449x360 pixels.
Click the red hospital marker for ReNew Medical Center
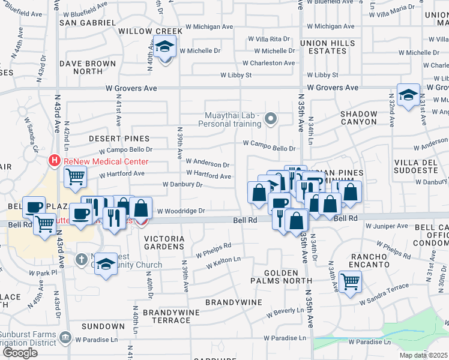(x=55, y=161)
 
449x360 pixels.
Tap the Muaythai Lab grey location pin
(x=271, y=118)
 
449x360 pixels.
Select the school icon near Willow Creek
(x=164, y=47)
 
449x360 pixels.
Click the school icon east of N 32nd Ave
(x=408, y=95)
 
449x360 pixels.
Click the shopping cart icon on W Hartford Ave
(x=75, y=176)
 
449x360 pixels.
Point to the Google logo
(x=20, y=352)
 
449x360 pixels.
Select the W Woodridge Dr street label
(x=181, y=211)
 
